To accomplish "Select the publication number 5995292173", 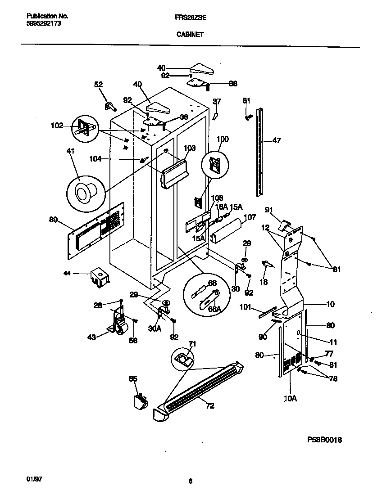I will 41,23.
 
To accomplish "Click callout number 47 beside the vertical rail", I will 277,141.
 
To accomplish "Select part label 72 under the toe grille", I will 209,405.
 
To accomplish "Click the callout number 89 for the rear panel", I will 54,219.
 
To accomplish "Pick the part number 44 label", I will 68,273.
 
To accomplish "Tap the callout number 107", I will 250,217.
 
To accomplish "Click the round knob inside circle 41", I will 84,193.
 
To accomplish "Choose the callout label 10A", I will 291,398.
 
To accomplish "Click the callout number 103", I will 190,147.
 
